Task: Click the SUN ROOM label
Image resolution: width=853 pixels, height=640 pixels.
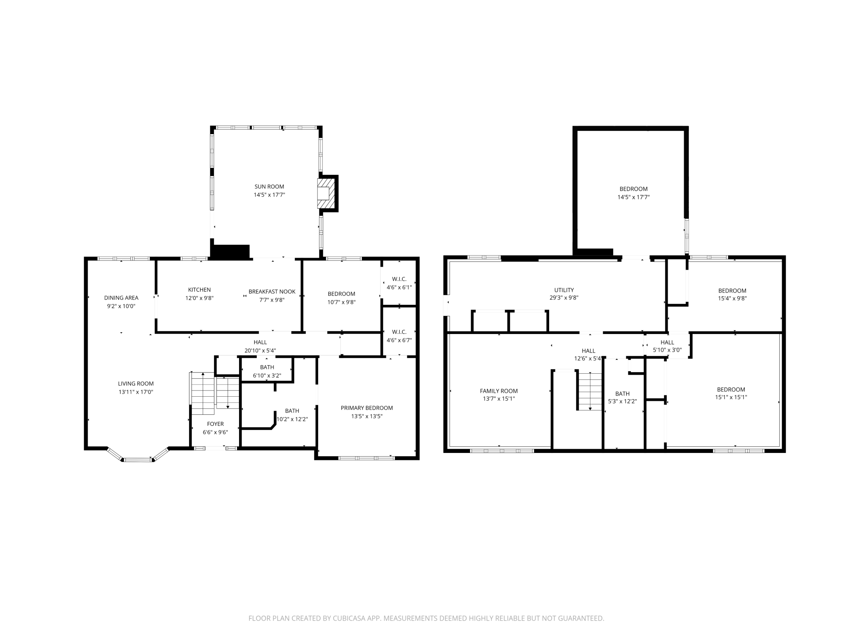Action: click(269, 187)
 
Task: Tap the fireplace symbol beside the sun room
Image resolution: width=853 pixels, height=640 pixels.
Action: click(326, 193)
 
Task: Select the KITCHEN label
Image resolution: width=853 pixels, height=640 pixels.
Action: click(199, 290)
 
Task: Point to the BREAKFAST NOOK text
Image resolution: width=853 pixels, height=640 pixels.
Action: click(272, 292)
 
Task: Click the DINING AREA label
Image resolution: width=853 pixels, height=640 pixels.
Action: click(121, 298)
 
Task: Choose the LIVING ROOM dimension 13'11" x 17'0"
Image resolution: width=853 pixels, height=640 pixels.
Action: click(136, 392)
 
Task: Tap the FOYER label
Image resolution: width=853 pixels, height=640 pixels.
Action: click(215, 424)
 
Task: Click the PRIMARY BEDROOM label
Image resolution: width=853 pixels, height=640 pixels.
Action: click(367, 408)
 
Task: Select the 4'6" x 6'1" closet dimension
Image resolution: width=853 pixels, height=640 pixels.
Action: click(399, 287)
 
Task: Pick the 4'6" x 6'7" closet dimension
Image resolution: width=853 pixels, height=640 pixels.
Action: click(399, 340)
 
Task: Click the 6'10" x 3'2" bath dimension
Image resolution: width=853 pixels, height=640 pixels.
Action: click(267, 375)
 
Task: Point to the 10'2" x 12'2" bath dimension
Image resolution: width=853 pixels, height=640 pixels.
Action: click(292, 419)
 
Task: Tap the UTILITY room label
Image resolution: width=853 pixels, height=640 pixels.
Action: click(564, 290)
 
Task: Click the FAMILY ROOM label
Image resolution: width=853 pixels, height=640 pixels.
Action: click(499, 391)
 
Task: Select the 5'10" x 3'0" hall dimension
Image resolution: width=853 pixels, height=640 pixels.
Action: click(667, 350)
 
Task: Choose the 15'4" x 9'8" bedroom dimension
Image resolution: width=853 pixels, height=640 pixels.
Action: click(732, 299)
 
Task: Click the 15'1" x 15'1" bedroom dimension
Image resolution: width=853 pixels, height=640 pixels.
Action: click(731, 397)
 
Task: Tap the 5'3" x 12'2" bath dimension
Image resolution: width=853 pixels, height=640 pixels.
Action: click(622, 401)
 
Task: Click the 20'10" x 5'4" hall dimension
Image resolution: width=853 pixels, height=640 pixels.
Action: click(260, 351)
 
